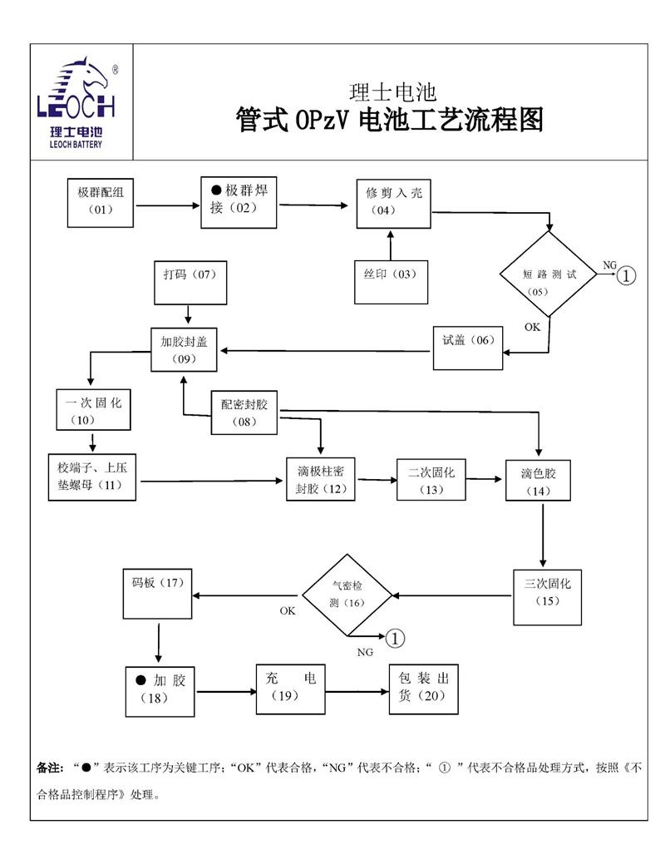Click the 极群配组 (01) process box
coord(101,202)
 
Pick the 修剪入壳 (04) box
coord(394,203)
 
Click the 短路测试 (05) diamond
coord(548,274)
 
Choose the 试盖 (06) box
coord(468,348)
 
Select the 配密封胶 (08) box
coord(245,412)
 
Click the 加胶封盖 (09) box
coord(185,349)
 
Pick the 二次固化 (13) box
coord(431,480)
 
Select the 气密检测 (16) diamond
coord(347,595)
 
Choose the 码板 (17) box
coord(157,594)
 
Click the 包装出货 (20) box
coord(424,689)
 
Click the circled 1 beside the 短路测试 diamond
coord(628,275)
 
